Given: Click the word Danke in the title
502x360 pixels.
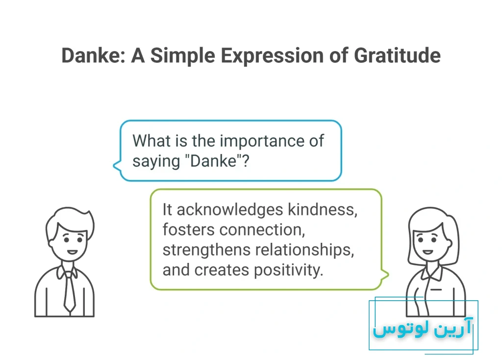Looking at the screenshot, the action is point(91,55).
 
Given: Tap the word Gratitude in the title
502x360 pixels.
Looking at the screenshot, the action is point(397,55).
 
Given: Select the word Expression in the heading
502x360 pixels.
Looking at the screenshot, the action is point(273,56).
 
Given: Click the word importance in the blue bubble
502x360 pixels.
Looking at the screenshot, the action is point(262,141).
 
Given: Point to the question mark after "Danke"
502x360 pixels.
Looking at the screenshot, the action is point(245,160).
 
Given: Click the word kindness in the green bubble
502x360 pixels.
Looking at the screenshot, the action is point(323,209).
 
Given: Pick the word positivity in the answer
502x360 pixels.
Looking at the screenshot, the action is point(288,270).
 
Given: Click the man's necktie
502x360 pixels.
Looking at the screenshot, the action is point(69,290).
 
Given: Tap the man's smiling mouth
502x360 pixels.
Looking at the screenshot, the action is point(72,252).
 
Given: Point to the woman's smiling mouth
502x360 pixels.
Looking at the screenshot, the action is point(427,252).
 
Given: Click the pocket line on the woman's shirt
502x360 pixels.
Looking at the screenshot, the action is point(436,289).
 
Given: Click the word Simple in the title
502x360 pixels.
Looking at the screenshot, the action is point(182,56).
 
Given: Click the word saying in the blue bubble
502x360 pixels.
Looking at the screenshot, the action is point(156,161).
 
